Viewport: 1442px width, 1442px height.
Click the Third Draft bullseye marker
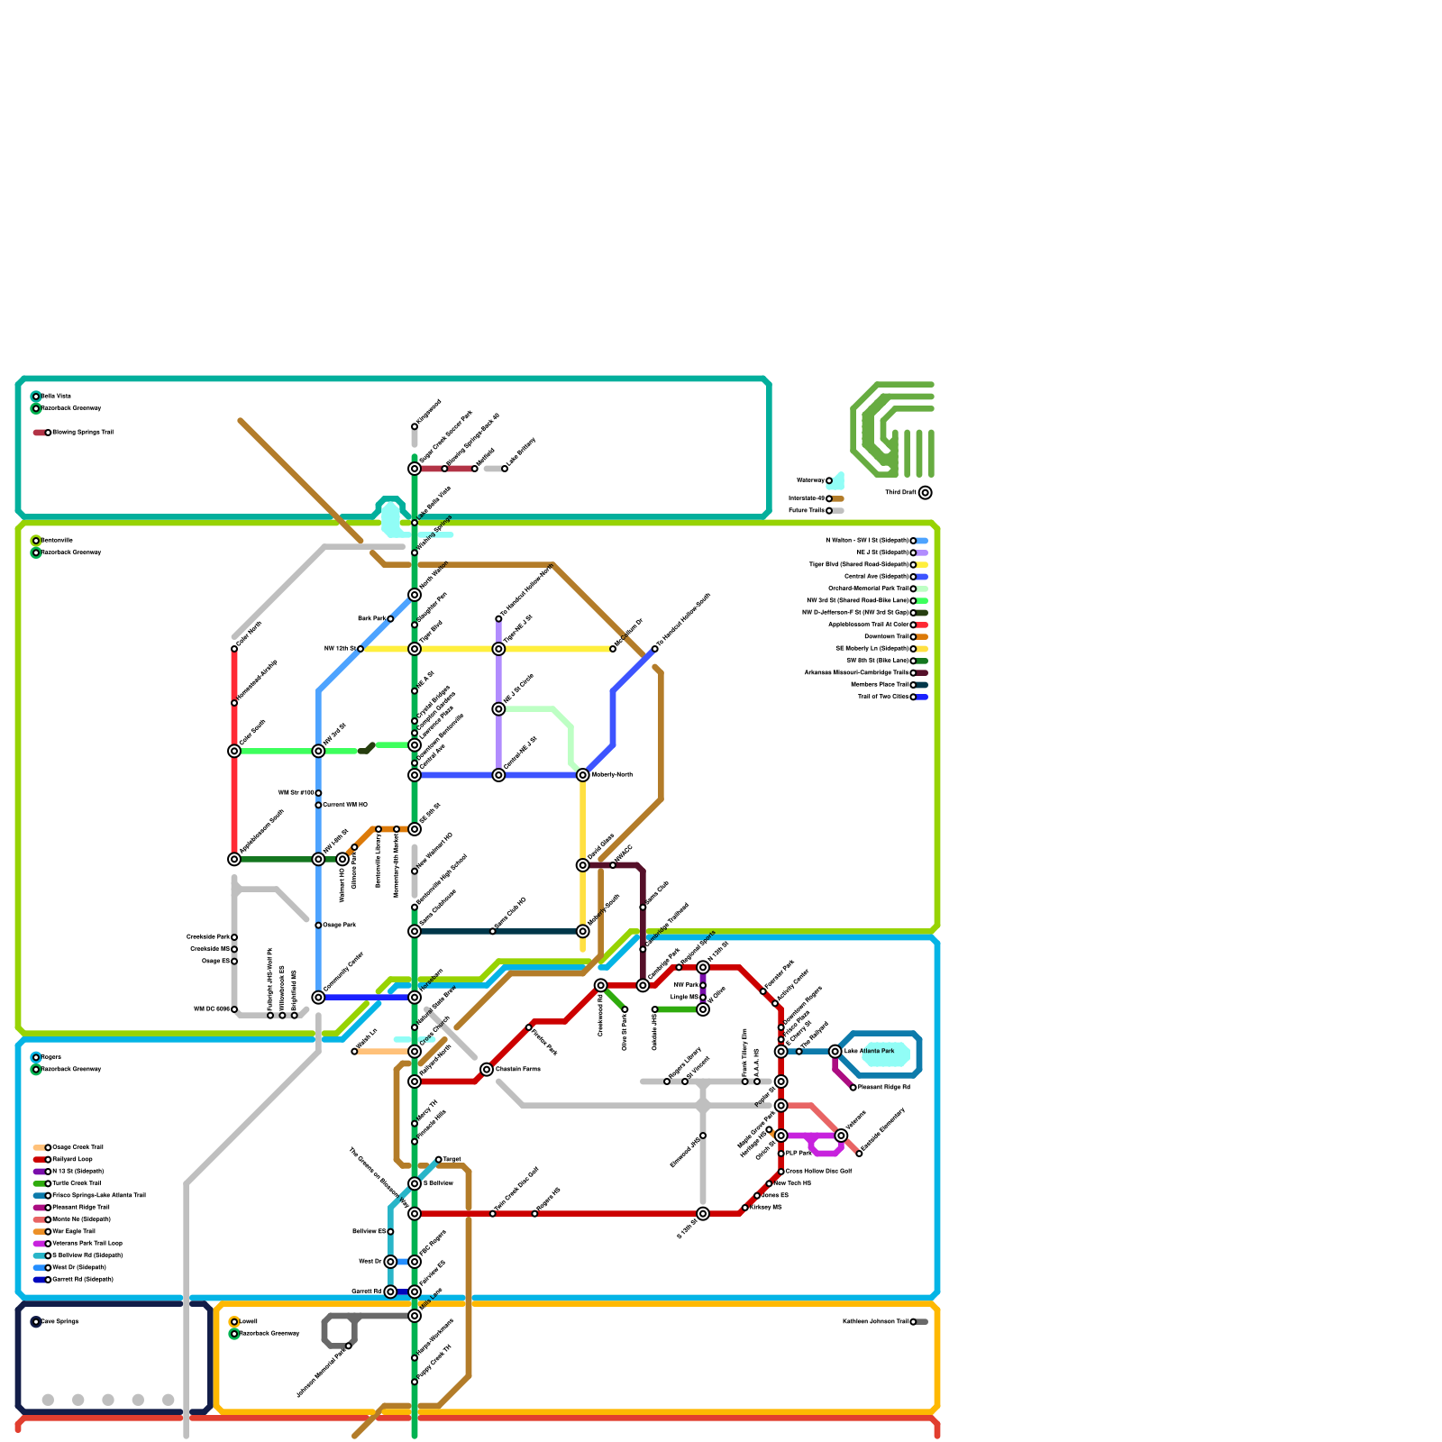(x=925, y=493)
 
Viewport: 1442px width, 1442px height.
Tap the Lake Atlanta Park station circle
(x=835, y=1052)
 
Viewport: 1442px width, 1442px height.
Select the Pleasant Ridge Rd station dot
(x=853, y=1088)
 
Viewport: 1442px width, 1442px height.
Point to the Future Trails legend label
(x=807, y=511)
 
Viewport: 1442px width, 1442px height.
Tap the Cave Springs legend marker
(x=36, y=1322)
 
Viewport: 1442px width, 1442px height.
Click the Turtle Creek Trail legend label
(x=78, y=1183)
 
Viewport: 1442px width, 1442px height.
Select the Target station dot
(x=439, y=1160)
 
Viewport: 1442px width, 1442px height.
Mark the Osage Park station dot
(x=318, y=926)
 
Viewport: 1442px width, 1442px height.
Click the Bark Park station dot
(x=390, y=619)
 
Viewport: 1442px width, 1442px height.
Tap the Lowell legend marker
(x=234, y=1322)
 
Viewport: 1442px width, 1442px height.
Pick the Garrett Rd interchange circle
(x=390, y=1291)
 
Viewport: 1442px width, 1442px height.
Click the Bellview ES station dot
(x=390, y=1232)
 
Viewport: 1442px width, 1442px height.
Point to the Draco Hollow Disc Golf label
(x=818, y=1172)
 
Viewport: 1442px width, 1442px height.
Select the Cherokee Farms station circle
(x=487, y=1070)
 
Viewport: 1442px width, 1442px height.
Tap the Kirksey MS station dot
(x=745, y=1208)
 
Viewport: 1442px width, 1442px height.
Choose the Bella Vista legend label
(x=57, y=397)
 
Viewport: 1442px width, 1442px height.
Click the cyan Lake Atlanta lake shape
(x=888, y=1053)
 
